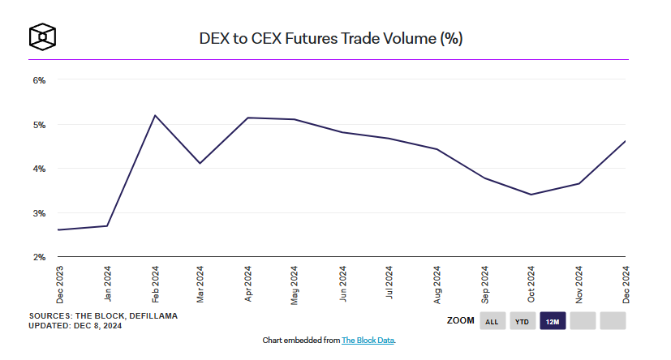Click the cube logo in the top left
click(42, 36)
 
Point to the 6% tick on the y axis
click(39, 80)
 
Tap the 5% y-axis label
click(39, 125)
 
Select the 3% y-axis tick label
click(39, 213)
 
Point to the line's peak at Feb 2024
click(154, 115)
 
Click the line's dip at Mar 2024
click(200, 163)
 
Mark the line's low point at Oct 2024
click(531, 194)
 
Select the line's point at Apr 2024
click(248, 118)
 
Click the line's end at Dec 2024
click(625, 141)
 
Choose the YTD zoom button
click(523, 321)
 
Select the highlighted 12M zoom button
click(553, 321)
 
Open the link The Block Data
click(368, 341)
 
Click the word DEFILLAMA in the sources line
click(152, 315)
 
